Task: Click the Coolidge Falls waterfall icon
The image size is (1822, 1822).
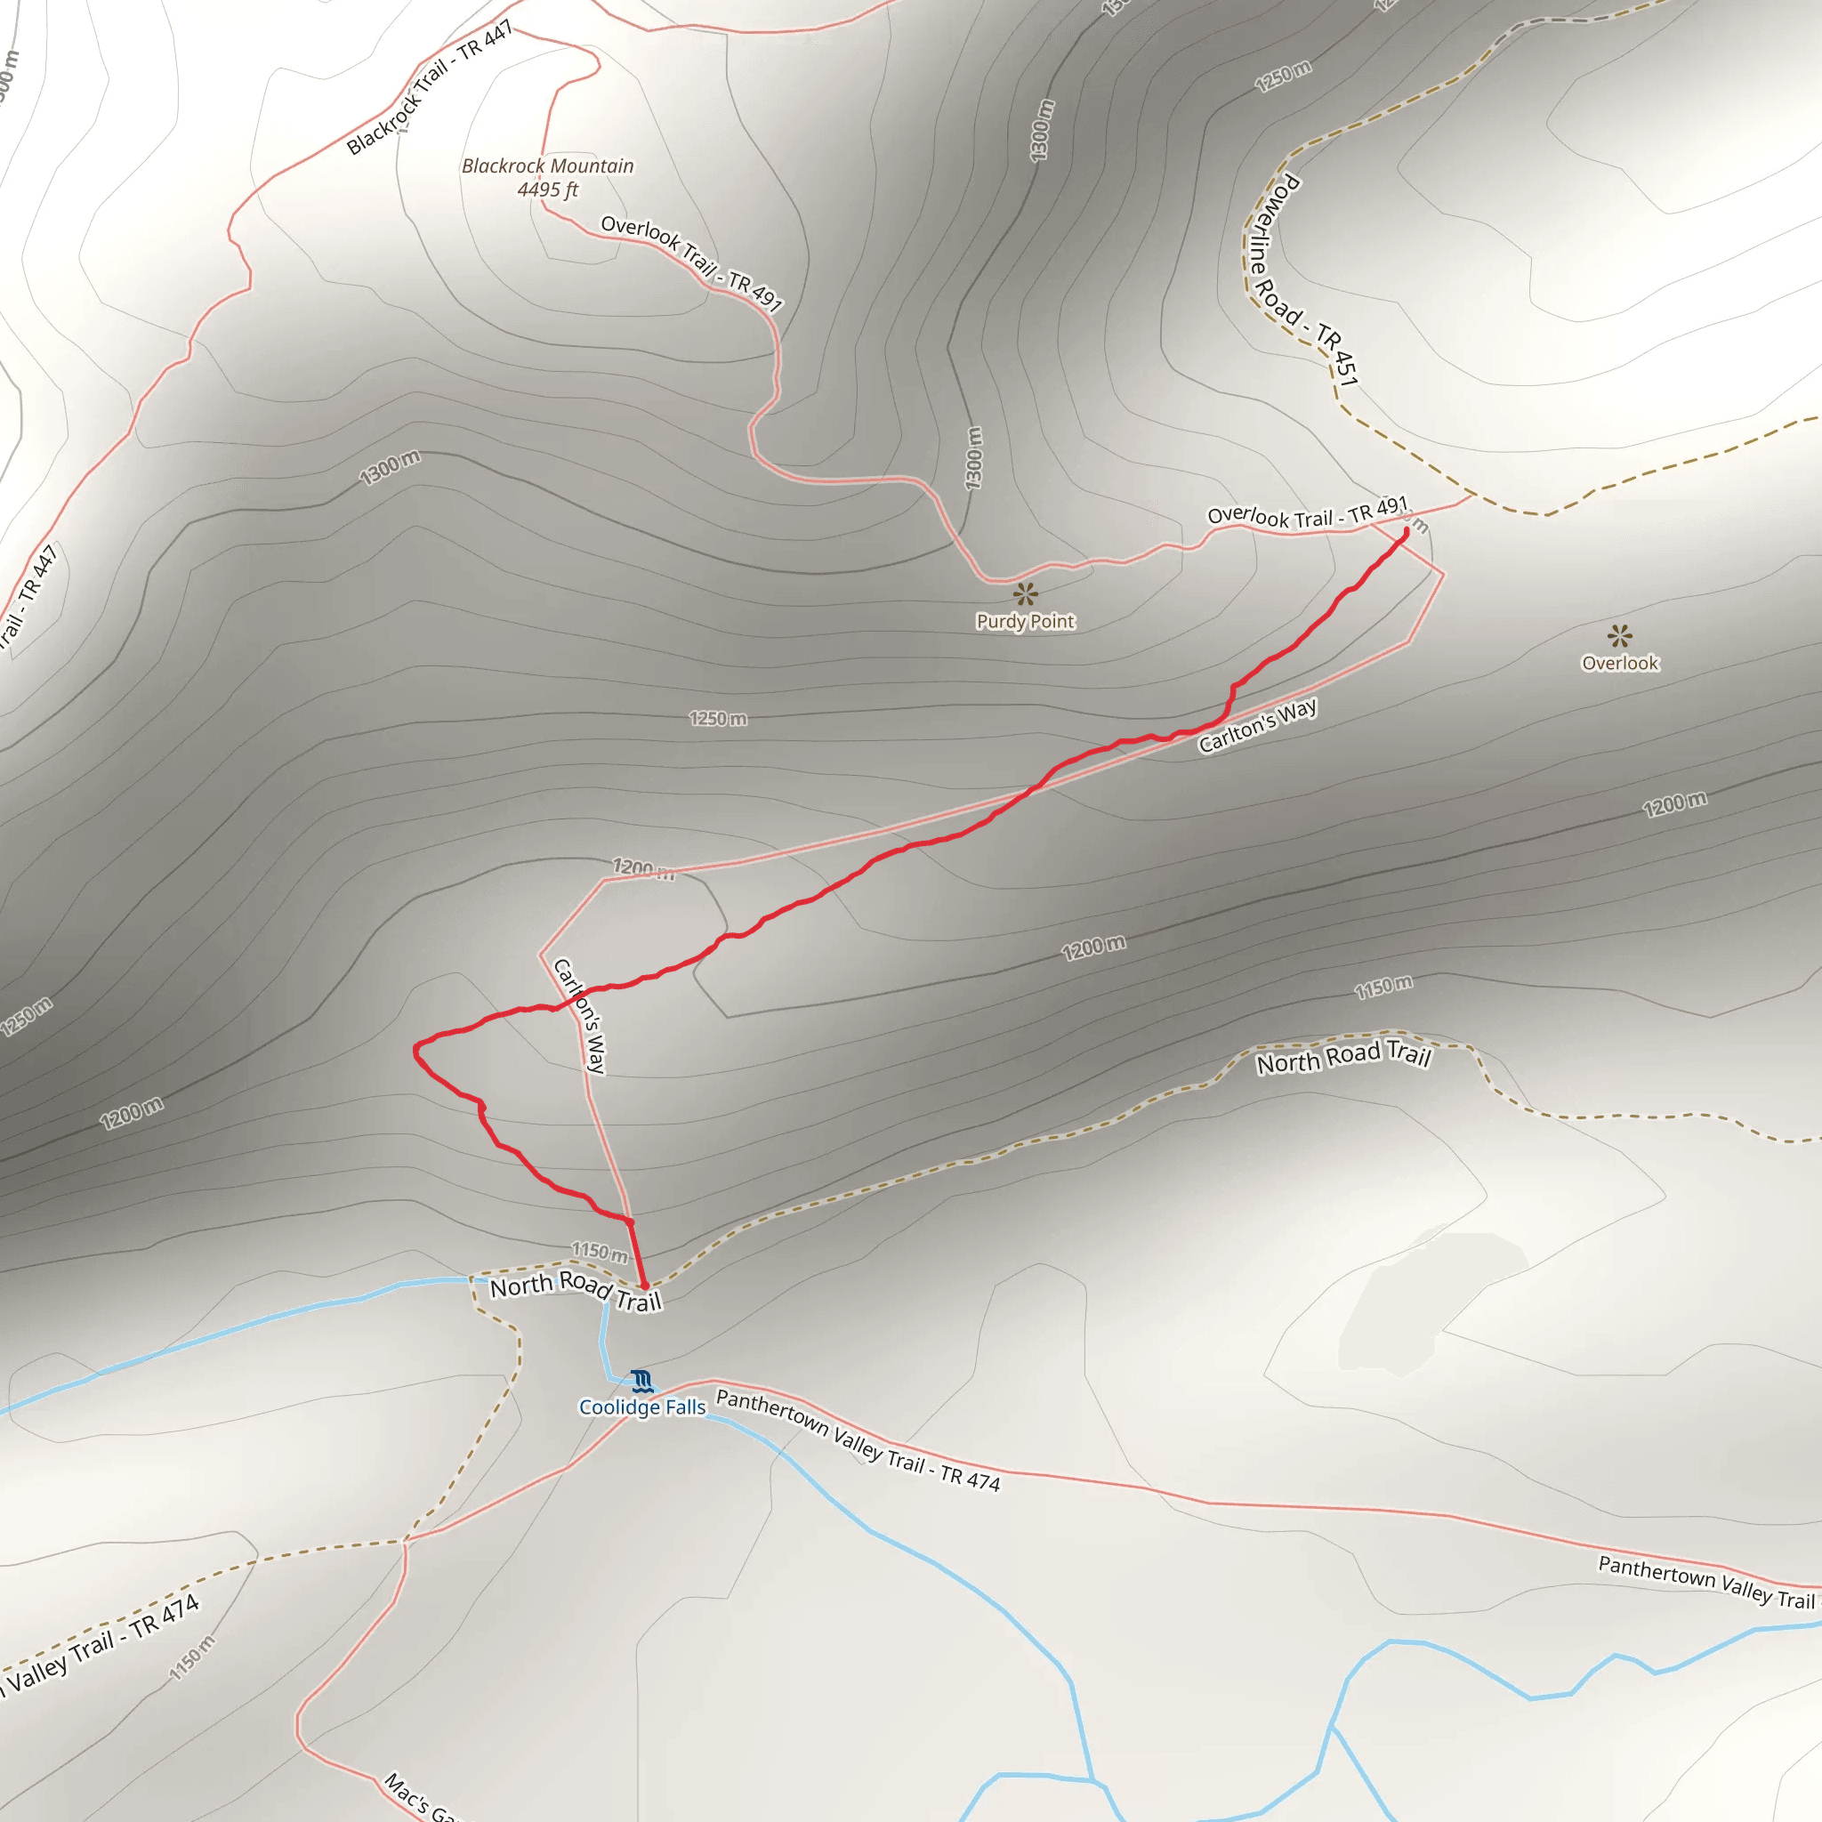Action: pyautogui.click(x=642, y=1382)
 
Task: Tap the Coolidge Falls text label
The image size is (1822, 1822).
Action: pyautogui.click(x=642, y=1407)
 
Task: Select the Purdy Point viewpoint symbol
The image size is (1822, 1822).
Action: pyautogui.click(x=1025, y=594)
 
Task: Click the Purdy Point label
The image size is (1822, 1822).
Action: pyautogui.click(x=1025, y=622)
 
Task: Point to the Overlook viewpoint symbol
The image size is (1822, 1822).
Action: pyautogui.click(x=1619, y=635)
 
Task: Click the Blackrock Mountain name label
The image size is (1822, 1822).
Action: pyautogui.click(x=548, y=166)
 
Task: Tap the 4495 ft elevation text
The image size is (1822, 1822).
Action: pyautogui.click(x=548, y=189)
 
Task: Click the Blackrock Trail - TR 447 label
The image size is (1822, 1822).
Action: pyautogui.click(x=430, y=87)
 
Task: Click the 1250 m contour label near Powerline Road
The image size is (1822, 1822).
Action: pyautogui.click(x=1283, y=77)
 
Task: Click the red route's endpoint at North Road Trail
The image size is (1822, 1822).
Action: pyautogui.click(x=645, y=1286)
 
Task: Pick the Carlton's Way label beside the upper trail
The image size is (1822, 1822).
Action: pyautogui.click(x=1257, y=726)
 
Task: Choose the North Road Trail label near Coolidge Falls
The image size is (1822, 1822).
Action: pyautogui.click(x=576, y=1290)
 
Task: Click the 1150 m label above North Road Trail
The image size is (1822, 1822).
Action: pyautogui.click(x=600, y=1252)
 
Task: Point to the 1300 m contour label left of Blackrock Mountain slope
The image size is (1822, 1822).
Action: pyautogui.click(x=390, y=467)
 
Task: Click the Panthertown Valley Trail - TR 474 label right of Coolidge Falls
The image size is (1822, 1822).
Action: pyautogui.click(x=858, y=1441)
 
